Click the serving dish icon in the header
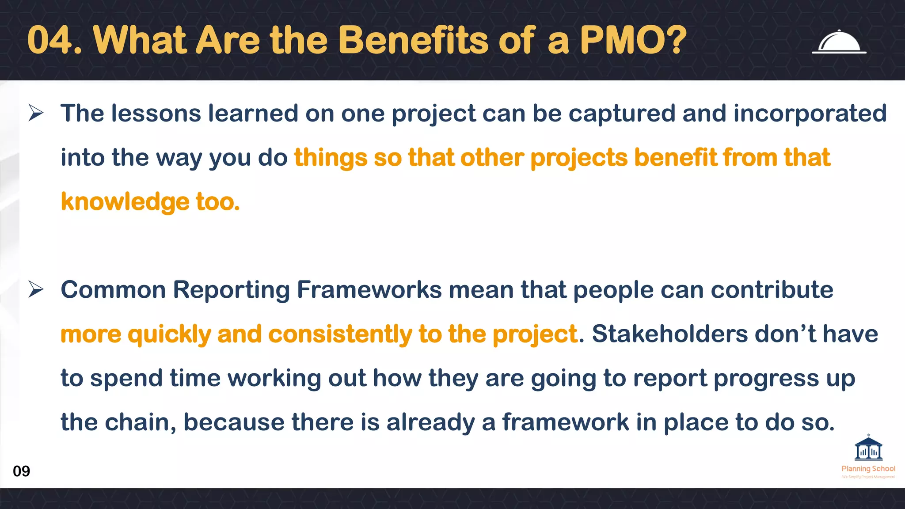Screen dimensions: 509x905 coord(839,42)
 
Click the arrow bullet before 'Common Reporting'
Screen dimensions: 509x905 coord(36,289)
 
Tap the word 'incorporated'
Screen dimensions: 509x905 coord(810,114)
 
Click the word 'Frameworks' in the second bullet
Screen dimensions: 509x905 coord(369,290)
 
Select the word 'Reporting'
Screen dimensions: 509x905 coord(231,291)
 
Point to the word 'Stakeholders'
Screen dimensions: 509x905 coord(670,334)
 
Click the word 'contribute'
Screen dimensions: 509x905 coord(772,290)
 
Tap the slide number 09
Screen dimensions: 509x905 coord(21,471)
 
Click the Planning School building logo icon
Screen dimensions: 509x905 coord(868,449)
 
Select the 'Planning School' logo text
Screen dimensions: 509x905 coord(868,468)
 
